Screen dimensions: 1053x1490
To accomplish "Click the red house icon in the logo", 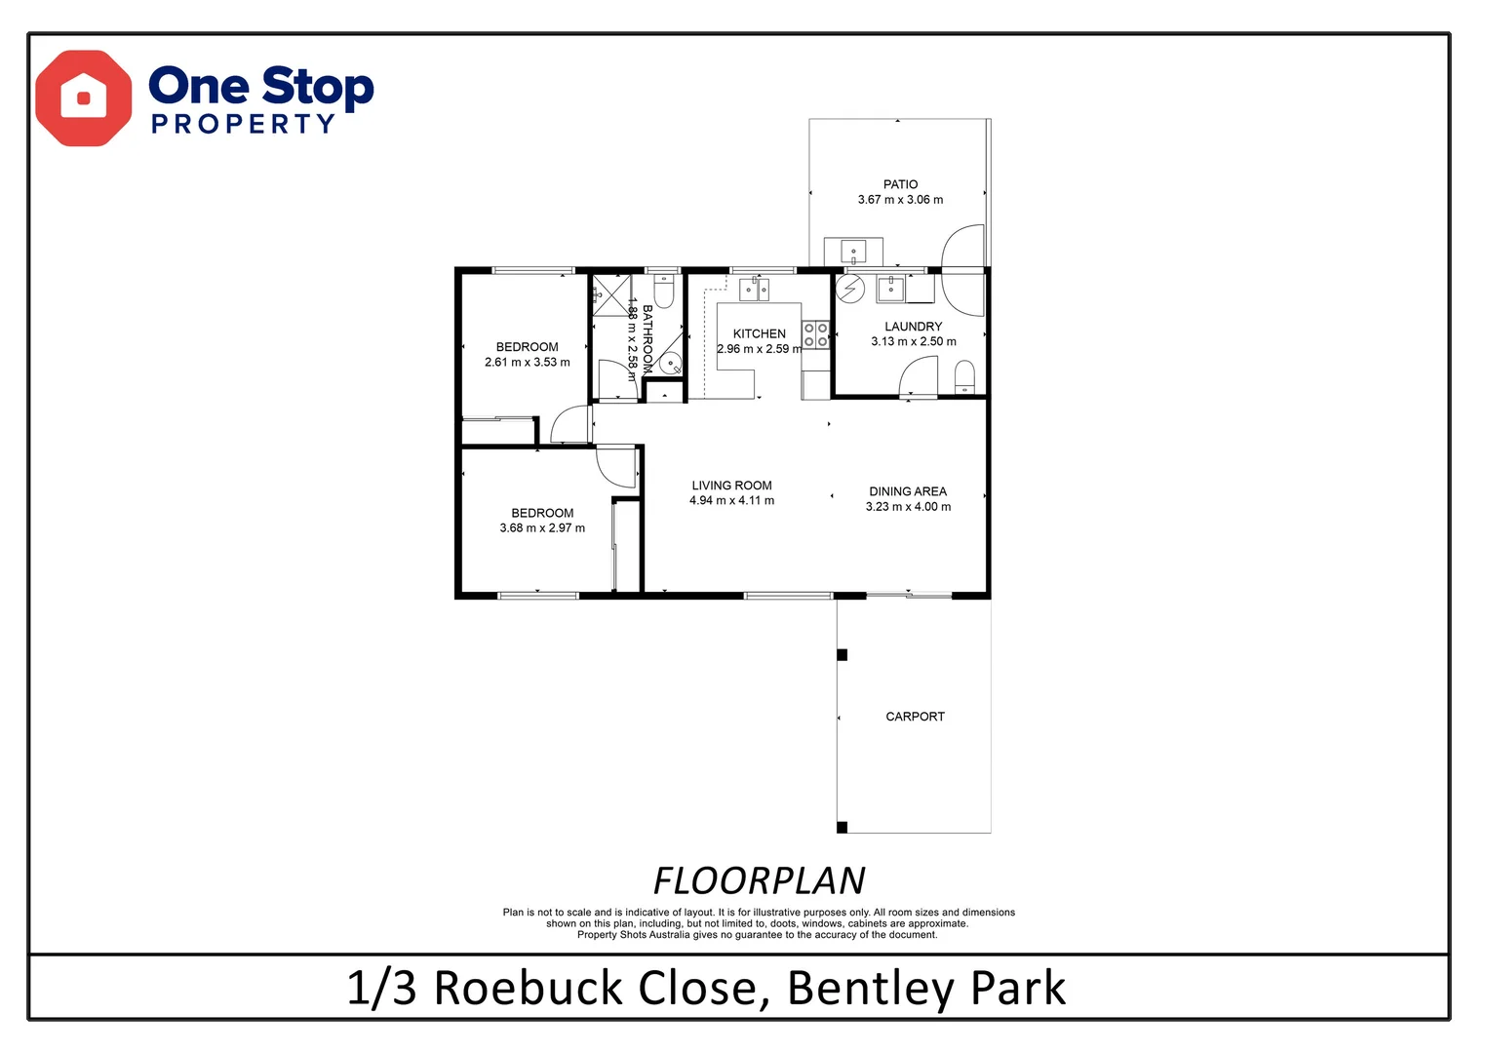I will tap(83, 98).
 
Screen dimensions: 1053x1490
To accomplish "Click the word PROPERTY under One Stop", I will tap(243, 125).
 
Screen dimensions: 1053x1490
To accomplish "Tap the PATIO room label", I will tap(900, 184).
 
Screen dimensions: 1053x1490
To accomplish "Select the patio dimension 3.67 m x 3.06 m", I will tap(900, 200).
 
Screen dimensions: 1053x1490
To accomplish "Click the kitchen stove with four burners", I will tap(816, 335).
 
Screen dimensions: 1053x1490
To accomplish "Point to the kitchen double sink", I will tap(754, 289).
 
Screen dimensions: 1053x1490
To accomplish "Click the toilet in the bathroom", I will tap(664, 292).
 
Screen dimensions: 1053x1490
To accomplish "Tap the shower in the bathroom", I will tap(610, 295).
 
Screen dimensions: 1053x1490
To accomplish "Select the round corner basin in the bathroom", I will tap(671, 365).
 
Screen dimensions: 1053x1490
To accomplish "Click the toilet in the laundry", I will tap(964, 377).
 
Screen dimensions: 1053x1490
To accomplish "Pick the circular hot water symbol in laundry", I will tap(851, 289).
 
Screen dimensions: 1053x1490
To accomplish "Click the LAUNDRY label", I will tap(913, 327).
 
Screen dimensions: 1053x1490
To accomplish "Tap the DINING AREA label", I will tap(908, 491).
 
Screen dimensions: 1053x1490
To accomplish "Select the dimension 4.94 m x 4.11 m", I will tap(731, 501).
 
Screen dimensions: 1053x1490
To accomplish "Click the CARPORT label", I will tap(915, 717).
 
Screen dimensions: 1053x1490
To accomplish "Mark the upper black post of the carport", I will tap(843, 655).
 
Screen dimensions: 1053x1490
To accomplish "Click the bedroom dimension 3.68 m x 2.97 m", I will tap(542, 528).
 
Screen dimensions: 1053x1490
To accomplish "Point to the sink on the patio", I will tap(853, 252).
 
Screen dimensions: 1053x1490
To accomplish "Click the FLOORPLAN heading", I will tap(759, 881).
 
